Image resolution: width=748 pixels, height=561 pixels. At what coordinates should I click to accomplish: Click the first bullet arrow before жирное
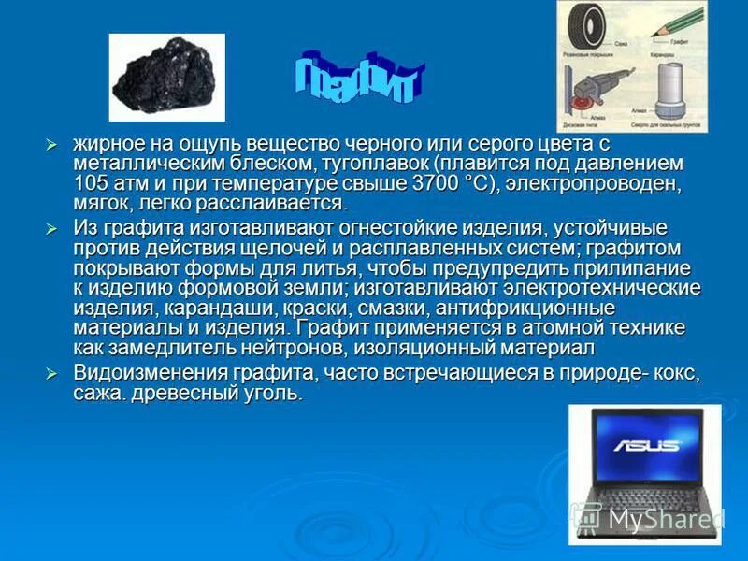[x=52, y=144]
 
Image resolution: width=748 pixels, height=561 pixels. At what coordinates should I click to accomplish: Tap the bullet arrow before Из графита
[x=52, y=227]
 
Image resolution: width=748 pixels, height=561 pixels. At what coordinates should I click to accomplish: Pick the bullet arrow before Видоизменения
[x=52, y=372]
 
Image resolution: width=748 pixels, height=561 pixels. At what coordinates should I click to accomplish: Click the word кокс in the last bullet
[x=672, y=373]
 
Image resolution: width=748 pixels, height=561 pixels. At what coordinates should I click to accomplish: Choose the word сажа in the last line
[x=97, y=394]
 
